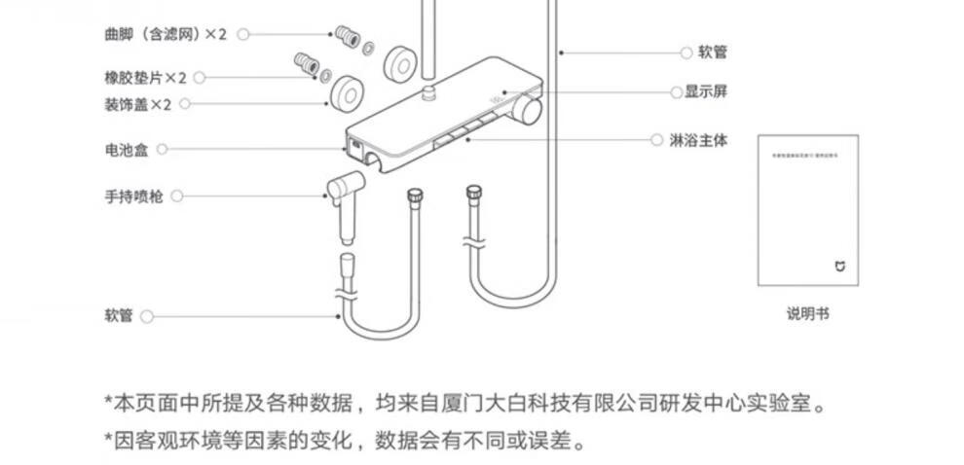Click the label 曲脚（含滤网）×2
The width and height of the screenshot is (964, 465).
click(165, 34)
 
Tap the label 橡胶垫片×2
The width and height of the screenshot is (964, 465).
click(145, 78)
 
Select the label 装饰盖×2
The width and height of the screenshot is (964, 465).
click(137, 103)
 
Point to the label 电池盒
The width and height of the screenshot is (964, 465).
click(126, 150)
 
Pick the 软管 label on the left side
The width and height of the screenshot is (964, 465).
click(118, 316)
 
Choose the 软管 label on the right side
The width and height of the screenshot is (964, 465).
click(713, 53)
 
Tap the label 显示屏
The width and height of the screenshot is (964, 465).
click(706, 91)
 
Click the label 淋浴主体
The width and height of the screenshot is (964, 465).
click(698, 140)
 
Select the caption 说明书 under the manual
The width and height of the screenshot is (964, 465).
click(808, 313)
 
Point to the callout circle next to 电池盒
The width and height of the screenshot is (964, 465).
click(163, 150)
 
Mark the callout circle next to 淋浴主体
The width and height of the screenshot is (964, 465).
click(656, 140)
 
